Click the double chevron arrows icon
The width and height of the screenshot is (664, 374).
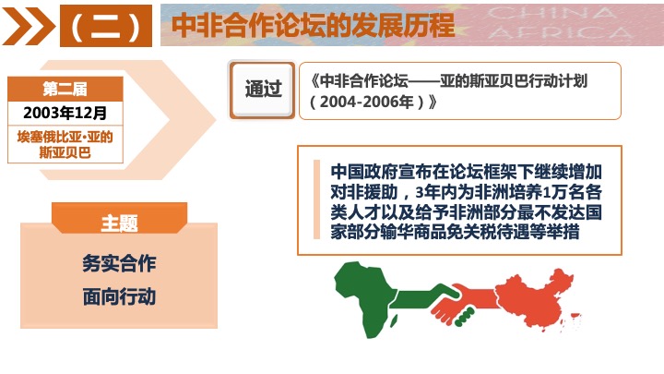29,26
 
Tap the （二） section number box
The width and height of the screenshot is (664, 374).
106,26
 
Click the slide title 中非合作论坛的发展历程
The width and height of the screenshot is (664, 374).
313,26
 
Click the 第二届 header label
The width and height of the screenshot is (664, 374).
65,89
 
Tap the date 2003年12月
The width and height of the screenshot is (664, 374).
65,113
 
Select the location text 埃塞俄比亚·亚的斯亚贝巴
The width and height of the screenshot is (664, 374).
65,145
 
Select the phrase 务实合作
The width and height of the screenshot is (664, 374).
119,263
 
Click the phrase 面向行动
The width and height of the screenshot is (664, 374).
119,296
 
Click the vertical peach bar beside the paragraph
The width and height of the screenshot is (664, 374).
316,199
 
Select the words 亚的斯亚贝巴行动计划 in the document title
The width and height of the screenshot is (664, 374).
514,80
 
